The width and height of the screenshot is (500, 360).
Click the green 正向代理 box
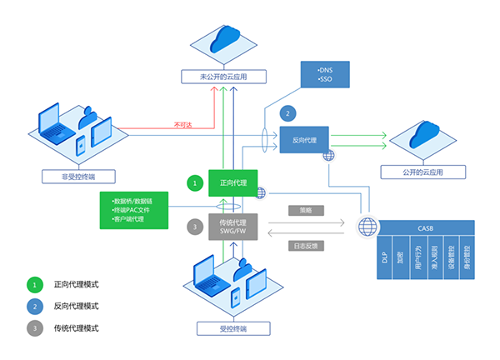(233, 182)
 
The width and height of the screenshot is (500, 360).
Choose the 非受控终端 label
(80, 176)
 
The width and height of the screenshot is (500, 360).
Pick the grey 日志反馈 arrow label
(304, 246)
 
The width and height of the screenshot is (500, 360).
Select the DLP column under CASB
(385, 259)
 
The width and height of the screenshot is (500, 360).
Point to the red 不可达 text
(182, 125)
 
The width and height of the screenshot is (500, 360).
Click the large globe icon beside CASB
(368, 227)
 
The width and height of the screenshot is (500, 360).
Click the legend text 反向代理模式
(76, 307)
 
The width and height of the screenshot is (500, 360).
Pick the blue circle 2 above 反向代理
(287, 112)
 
